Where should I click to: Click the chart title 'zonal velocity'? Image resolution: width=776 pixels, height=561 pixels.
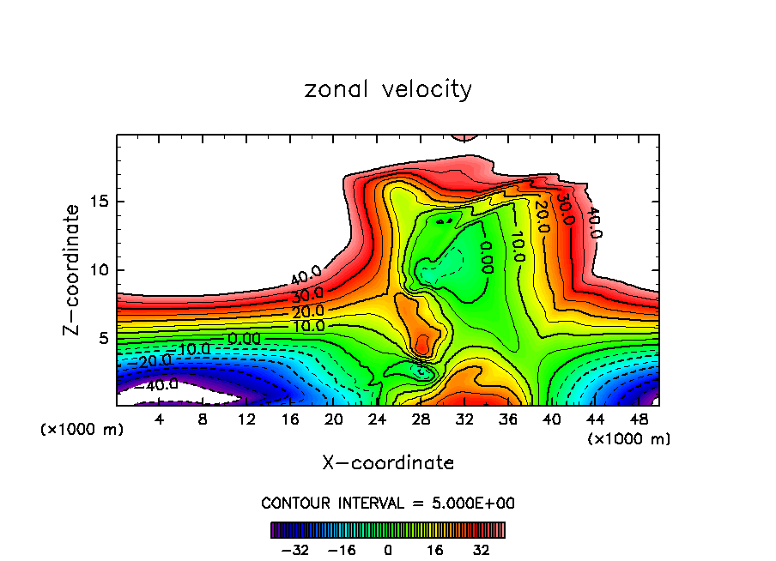[x=388, y=89]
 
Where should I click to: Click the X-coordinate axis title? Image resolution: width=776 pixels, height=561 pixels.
[x=388, y=463]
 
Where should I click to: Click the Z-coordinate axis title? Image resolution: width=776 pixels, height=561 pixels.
[x=72, y=270]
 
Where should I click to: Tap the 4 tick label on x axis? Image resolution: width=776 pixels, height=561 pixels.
[x=160, y=420]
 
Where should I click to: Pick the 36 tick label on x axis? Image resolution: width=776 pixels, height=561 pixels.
[x=507, y=420]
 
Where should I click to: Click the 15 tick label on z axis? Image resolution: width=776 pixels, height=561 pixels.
[x=99, y=202]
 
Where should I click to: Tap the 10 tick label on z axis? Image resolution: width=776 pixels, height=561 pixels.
[x=99, y=270]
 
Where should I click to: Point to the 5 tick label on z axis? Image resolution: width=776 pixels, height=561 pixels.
[x=103, y=338]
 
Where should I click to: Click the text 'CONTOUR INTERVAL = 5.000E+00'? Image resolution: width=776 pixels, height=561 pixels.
[x=388, y=503]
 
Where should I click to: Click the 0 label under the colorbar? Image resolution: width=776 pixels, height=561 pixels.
[x=388, y=548]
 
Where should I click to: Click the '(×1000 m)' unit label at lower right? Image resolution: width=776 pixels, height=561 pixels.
[x=629, y=439]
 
